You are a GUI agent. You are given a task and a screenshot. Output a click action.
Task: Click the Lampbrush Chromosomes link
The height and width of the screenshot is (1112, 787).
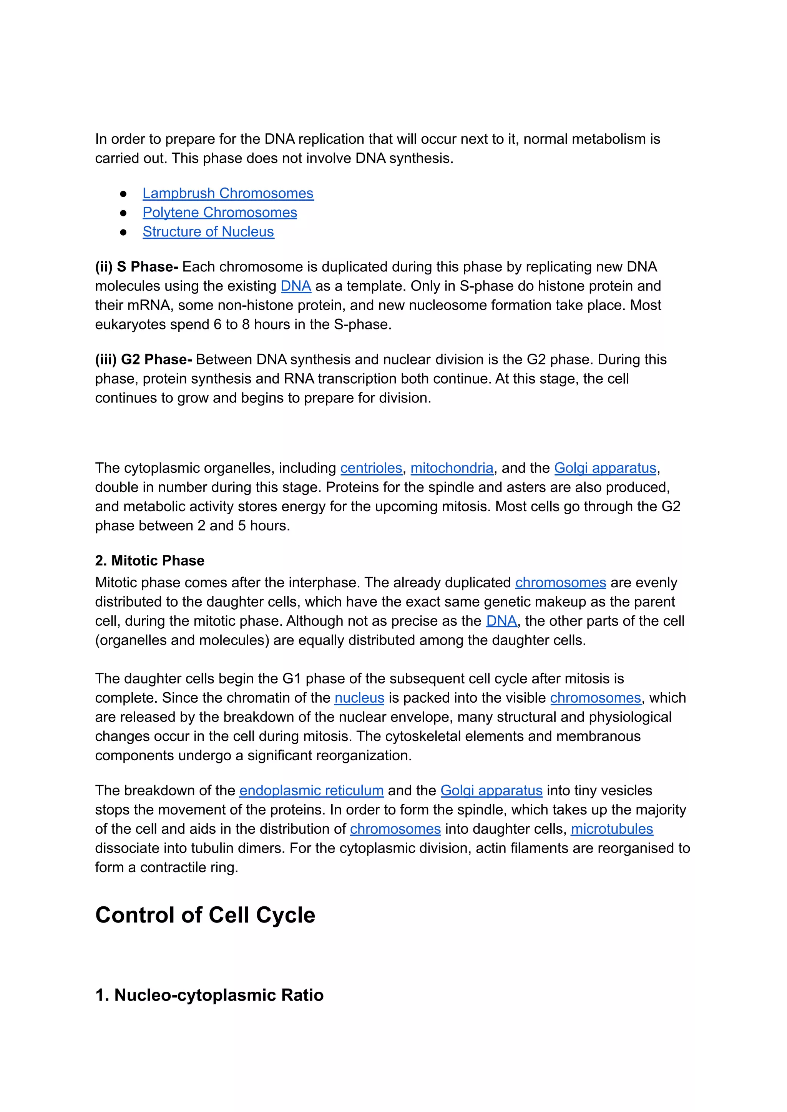[x=228, y=193]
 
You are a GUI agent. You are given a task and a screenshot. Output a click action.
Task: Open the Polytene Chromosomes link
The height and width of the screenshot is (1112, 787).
[x=219, y=213]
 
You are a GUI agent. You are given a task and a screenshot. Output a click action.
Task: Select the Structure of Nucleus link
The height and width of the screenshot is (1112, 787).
[x=208, y=232]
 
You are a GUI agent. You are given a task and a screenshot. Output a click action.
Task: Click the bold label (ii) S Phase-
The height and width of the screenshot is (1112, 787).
[x=137, y=267]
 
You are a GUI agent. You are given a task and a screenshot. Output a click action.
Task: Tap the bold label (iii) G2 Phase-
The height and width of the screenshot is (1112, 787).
[x=143, y=360]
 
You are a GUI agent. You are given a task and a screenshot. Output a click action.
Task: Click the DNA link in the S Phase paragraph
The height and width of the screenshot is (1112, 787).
[x=296, y=286]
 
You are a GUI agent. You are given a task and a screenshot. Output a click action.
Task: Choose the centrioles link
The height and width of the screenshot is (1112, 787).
[x=371, y=468]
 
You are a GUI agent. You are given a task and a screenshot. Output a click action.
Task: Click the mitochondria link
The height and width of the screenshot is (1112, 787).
[x=452, y=468]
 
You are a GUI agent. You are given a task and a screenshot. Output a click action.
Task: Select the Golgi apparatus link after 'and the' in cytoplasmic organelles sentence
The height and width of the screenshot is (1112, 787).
[x=605, y=468]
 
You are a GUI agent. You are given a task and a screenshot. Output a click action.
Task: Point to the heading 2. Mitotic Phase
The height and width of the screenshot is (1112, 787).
[x=150, y=561]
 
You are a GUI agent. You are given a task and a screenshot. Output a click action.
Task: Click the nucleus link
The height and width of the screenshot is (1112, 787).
[x=359, y=698]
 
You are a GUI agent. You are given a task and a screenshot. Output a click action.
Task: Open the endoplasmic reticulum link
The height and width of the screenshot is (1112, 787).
[x=311, y=791]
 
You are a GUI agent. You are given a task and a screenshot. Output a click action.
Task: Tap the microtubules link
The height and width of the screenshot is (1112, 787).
[x=611, y=829]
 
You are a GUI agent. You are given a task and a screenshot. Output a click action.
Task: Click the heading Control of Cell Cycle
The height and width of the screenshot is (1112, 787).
[x=205, y=916]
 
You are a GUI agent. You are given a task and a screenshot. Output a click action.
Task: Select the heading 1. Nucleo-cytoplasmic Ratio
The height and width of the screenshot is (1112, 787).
[x=209, y=995]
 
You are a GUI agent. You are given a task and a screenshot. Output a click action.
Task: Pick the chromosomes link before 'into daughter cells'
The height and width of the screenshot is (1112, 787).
[x=395, y=829]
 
